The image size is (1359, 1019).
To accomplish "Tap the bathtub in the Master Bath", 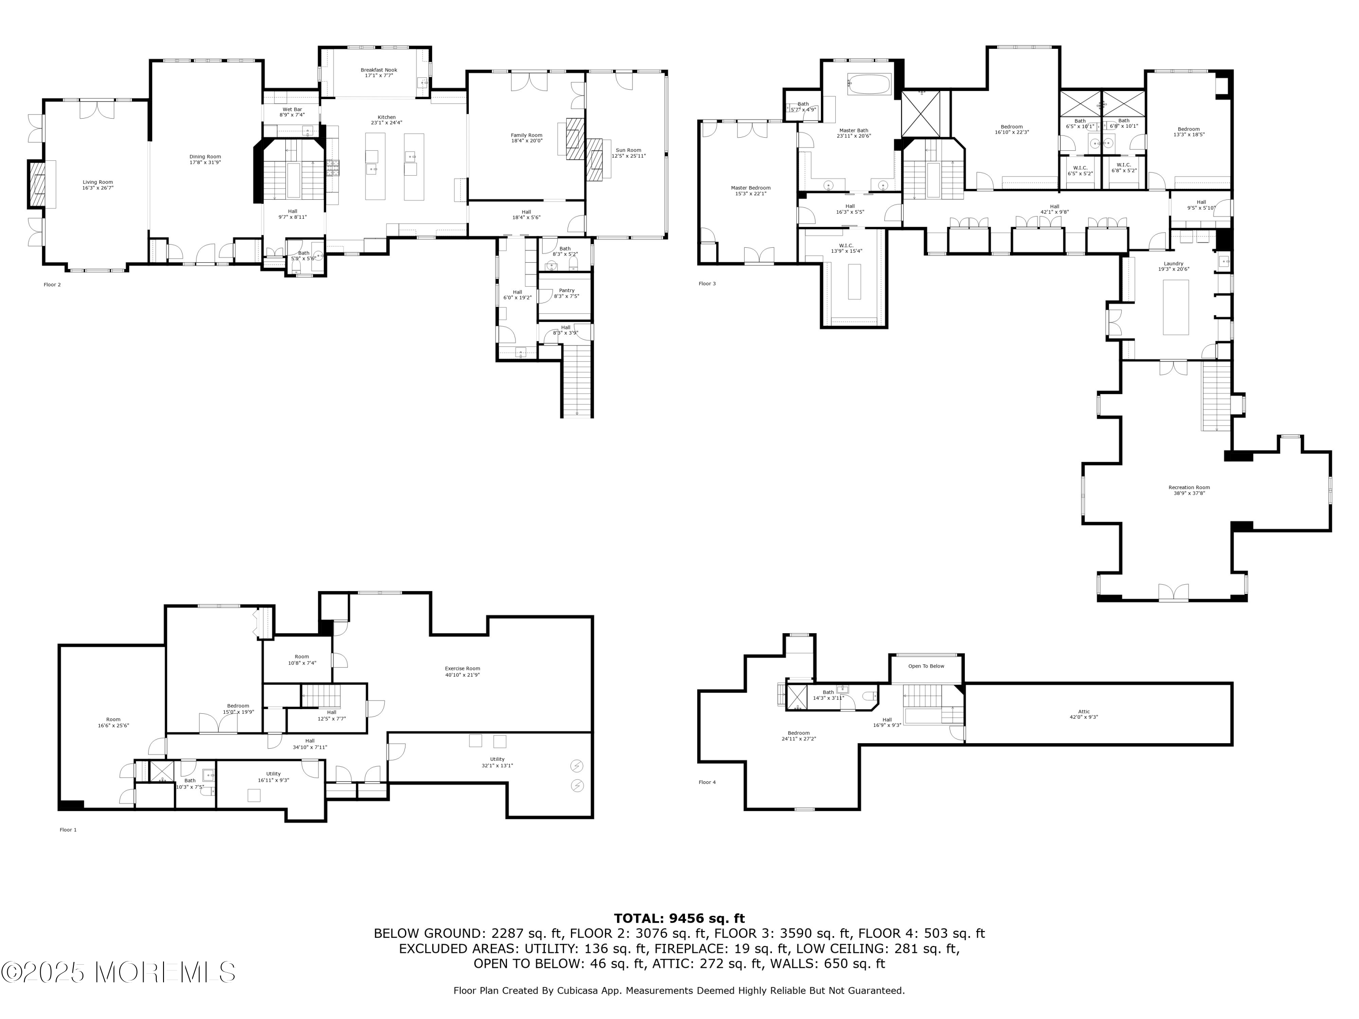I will pos(869,84).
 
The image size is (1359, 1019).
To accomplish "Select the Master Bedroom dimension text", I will pos(750,193).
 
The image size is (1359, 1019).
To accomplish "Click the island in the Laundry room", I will pos(1175,307).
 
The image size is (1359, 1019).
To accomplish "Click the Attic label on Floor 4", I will pos(1083,711).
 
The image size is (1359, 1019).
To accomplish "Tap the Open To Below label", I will pos(926,666).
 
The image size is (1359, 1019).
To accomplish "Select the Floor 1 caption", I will pos(68,829).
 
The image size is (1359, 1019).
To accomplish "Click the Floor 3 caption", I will pos(707,284).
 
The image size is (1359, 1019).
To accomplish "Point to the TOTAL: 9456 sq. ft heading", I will pos(679,918).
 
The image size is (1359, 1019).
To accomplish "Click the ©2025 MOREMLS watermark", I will pos(118,972).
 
